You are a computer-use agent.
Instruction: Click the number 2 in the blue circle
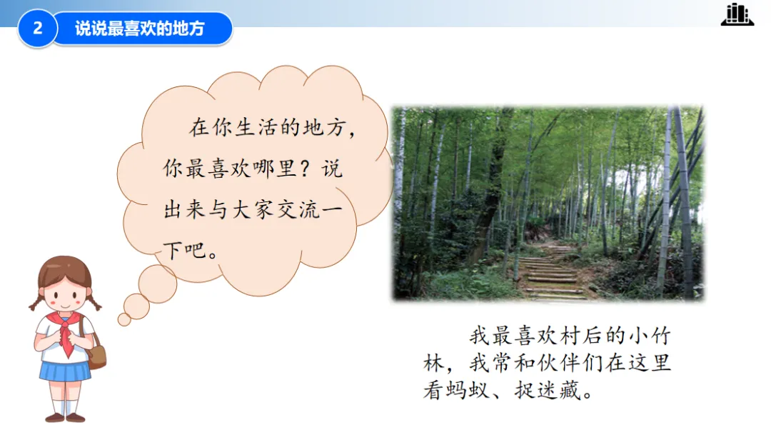[37, 28]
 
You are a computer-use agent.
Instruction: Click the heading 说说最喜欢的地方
[140, 29]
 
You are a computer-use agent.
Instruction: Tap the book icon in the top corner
[737, 14]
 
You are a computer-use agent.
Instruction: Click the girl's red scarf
[66, 331]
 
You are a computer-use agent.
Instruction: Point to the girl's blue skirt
[65, 371]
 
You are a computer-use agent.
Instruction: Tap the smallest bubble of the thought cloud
[124, 320]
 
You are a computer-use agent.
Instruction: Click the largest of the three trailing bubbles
[157, 284]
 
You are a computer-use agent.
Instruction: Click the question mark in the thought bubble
[305, 169]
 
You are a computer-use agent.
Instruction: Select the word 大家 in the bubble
[253, 210]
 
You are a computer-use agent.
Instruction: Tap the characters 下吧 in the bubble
[185, 251]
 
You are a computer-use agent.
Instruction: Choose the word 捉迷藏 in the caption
[548, 391]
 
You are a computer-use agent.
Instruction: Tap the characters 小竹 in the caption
[650, 336]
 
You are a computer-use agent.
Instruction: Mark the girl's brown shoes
[65, 418]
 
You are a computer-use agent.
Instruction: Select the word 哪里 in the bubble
[275, 169]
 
